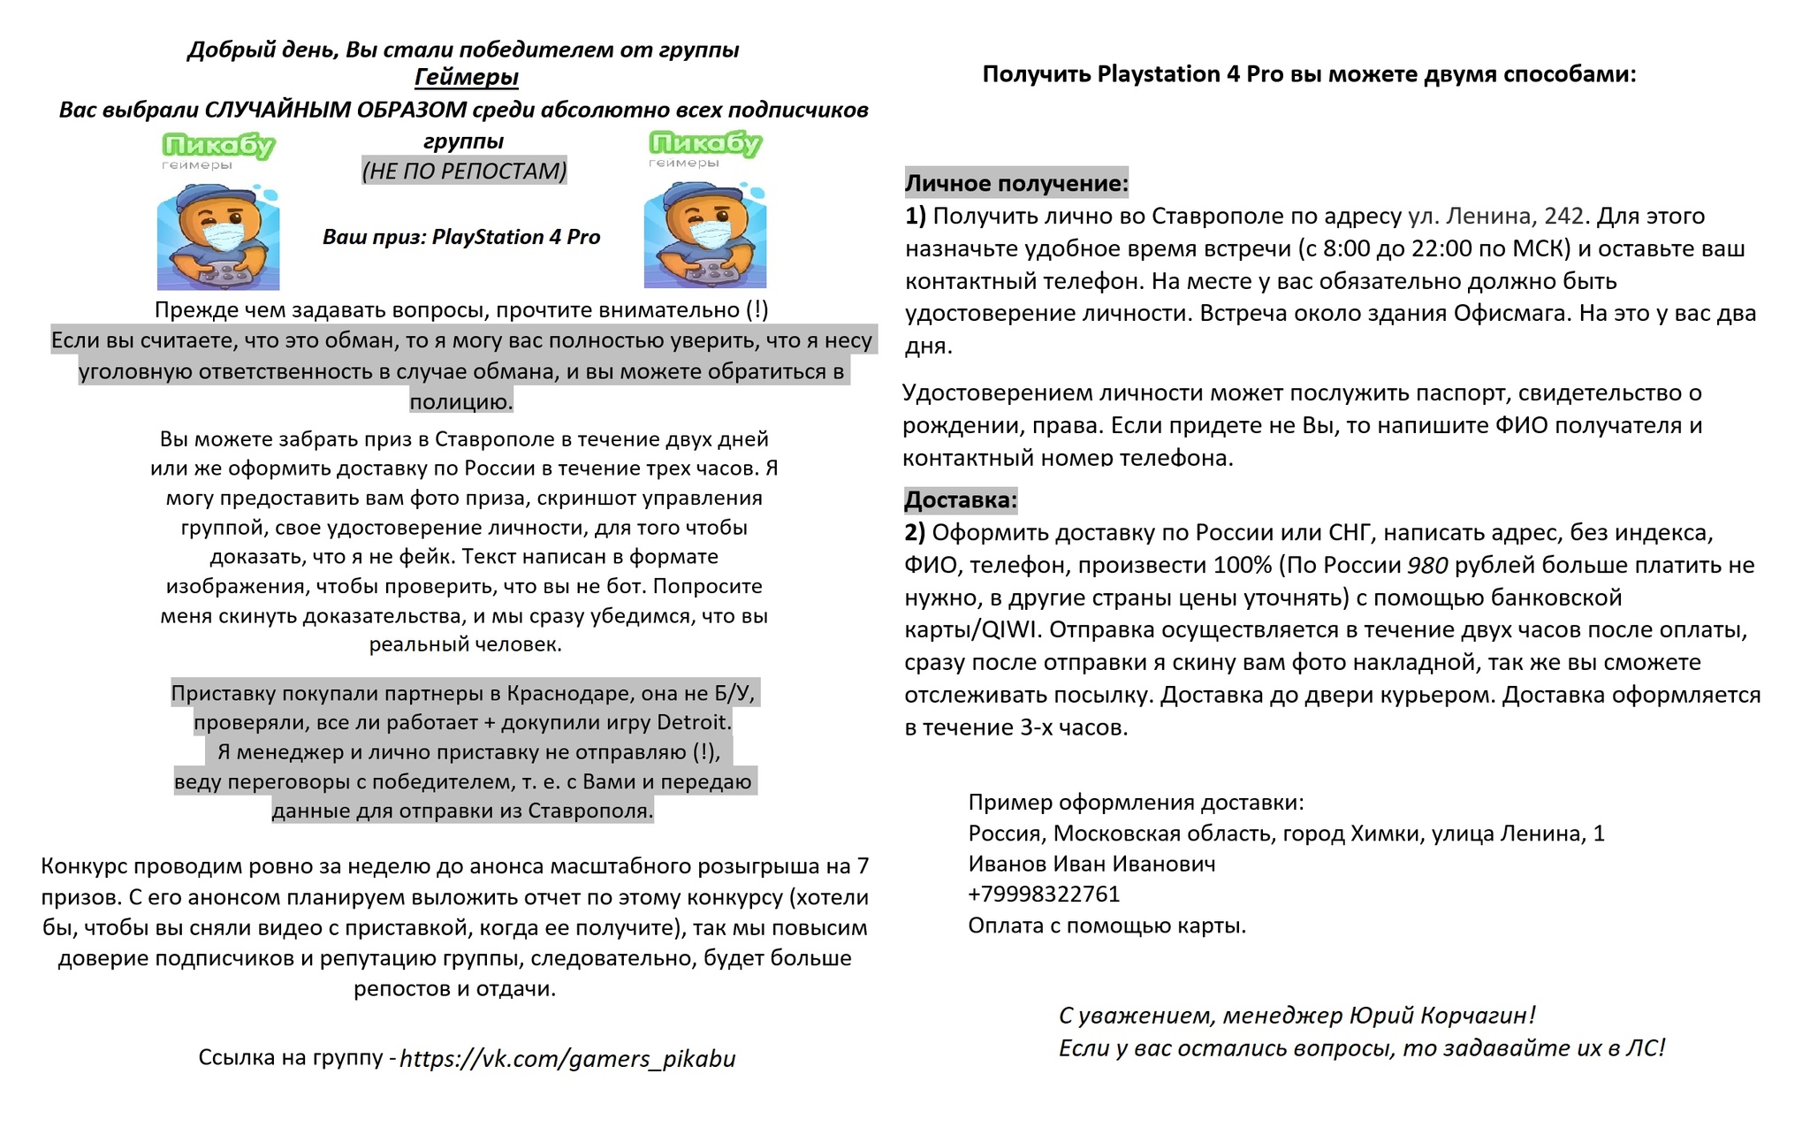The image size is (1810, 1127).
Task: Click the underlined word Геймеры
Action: [466, 78]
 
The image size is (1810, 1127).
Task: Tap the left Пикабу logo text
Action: [218, 144]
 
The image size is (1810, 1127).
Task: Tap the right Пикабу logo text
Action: [704, 142]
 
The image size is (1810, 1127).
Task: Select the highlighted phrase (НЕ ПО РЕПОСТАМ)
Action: [464, 171]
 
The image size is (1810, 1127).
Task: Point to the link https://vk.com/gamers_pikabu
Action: [567, 1058]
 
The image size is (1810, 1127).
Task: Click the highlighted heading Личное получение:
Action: [1016, 183]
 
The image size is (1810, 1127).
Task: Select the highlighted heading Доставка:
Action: [961, 500]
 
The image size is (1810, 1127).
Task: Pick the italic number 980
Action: [1427, 565]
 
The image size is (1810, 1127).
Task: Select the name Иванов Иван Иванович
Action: [1091, 864]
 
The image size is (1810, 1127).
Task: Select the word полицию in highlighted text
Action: [460, 402]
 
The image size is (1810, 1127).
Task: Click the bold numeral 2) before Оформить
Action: [915, 532]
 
